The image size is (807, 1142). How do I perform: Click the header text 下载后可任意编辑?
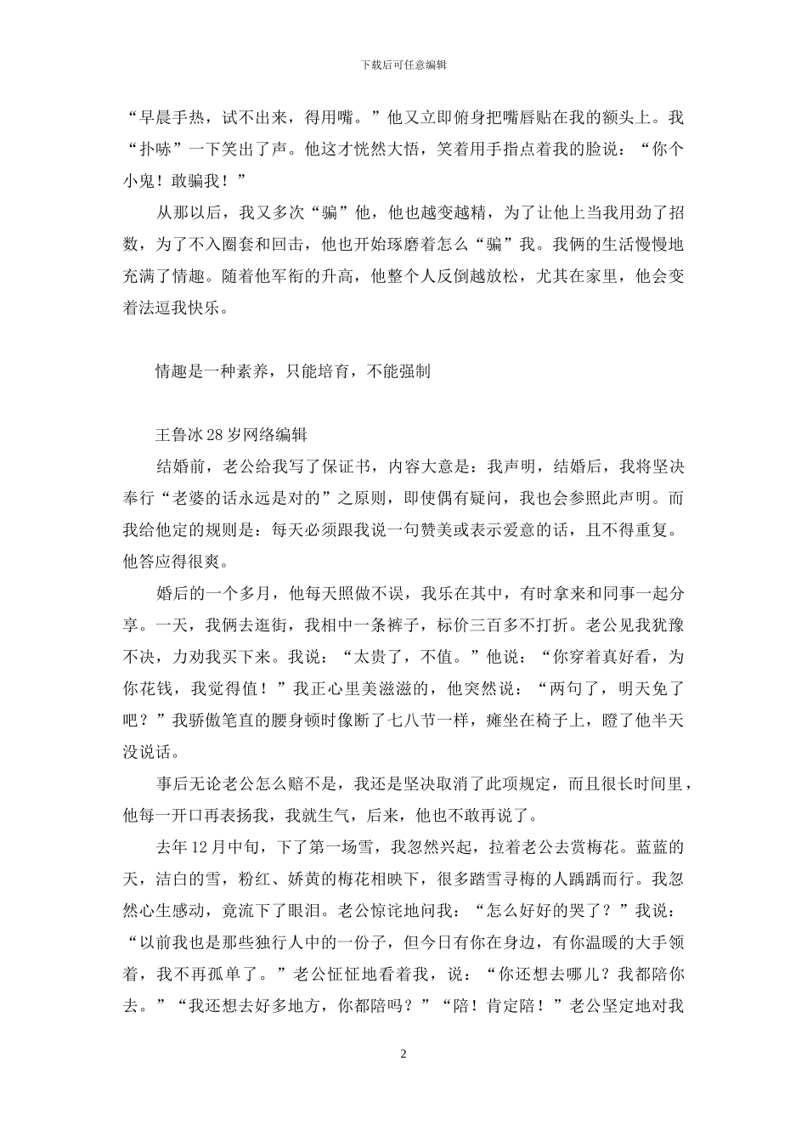(x=403, y=65)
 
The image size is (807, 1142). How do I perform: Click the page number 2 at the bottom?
(x=403, y=1054)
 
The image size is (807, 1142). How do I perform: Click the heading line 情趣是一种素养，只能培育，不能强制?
(x=292, y=371)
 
